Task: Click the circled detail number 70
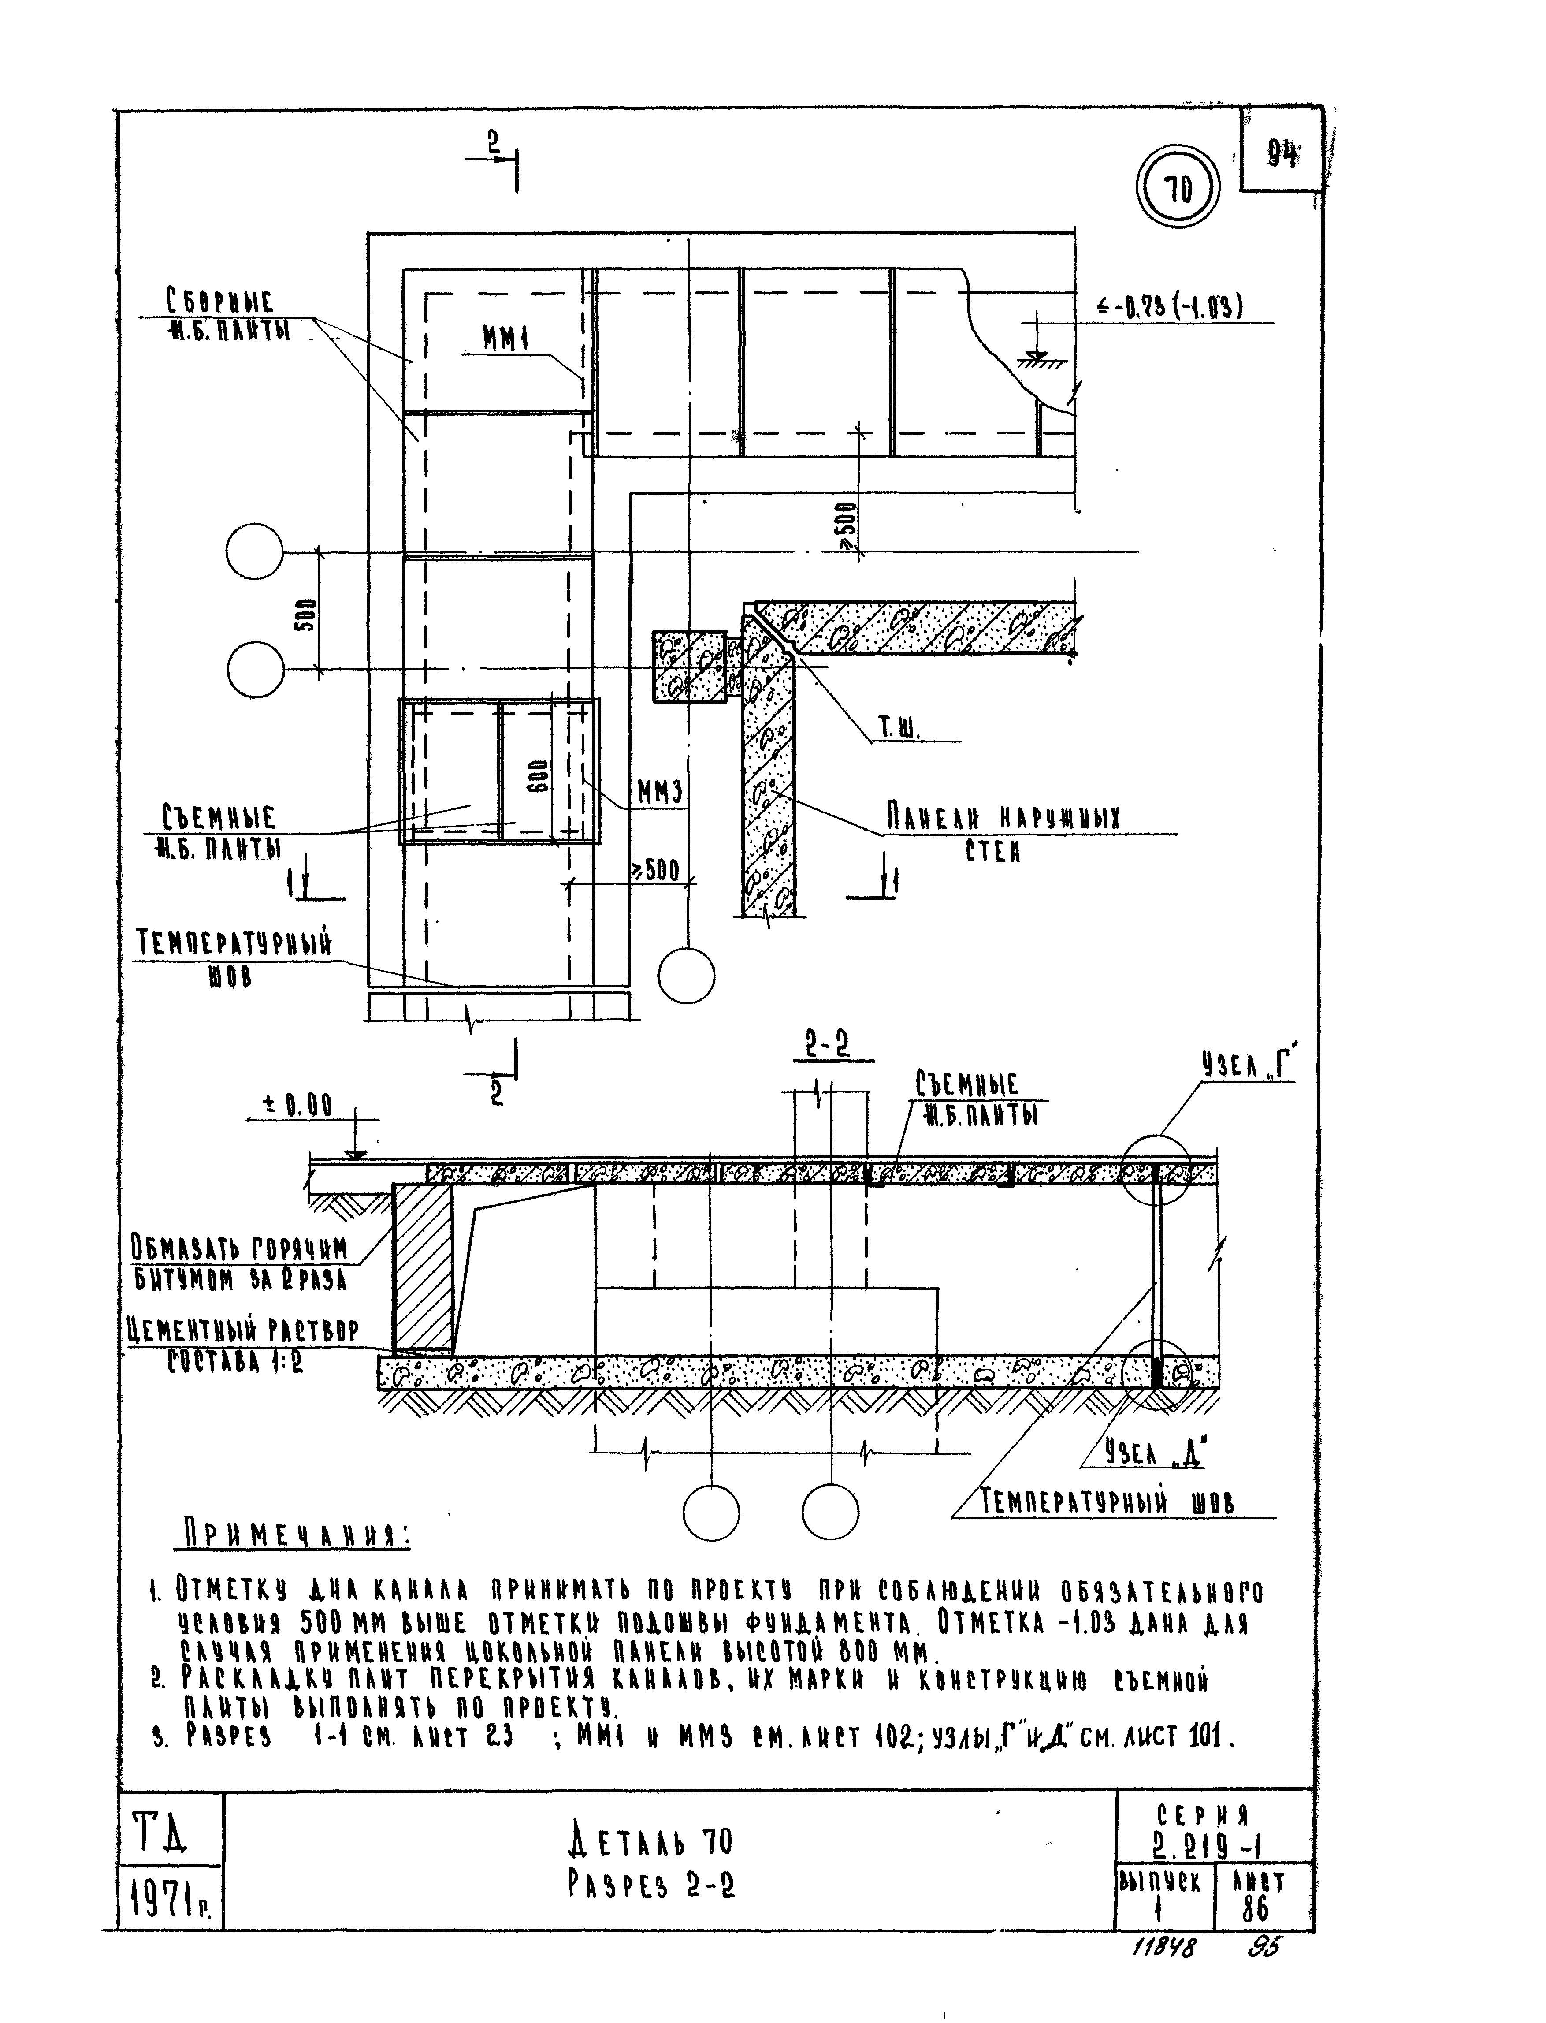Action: [1178, 190]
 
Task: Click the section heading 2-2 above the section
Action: [827, 1046]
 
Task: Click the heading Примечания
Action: [294, 1535]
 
